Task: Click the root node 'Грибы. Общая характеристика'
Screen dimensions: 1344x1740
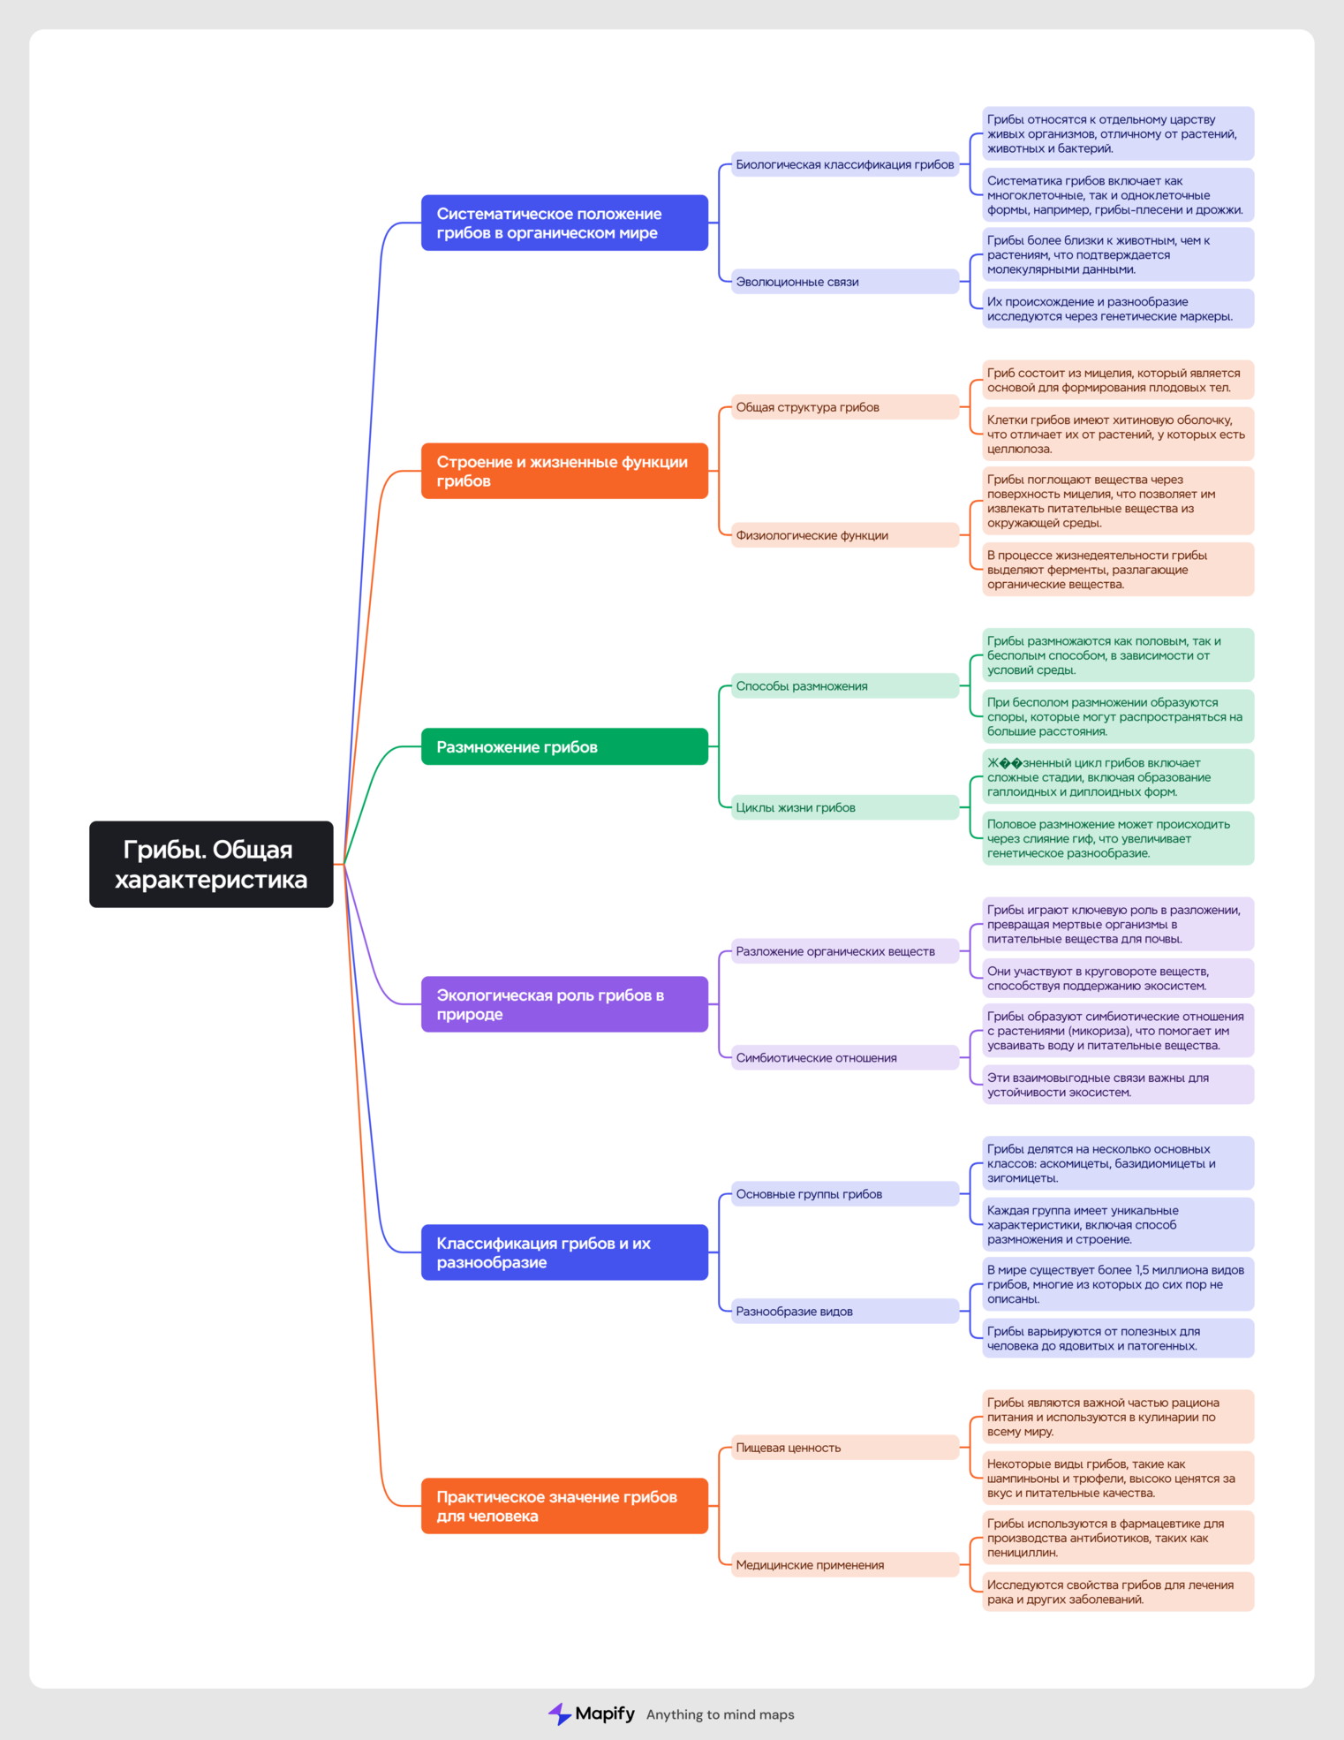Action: coord(211,864)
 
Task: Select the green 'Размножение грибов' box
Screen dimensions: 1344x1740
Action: coord(564,746)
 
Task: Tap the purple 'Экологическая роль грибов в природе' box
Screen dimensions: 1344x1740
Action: coord(564,1004)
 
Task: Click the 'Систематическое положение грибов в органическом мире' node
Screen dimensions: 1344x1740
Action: coord(564,223)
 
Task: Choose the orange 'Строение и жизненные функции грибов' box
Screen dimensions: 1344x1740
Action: coord(564,471)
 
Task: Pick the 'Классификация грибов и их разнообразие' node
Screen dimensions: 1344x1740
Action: coord(564,1252)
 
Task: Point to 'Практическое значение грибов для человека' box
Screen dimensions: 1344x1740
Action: coord(564,1506)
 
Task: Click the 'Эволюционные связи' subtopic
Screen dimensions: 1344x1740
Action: coord(845,282)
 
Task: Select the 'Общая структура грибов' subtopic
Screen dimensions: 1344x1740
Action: coord(845,407)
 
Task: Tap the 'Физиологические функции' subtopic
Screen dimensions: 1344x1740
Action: coord(845,535)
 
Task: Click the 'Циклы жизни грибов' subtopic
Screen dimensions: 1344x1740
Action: coord(845,807)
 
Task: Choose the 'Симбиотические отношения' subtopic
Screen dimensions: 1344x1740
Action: coord(845,1057)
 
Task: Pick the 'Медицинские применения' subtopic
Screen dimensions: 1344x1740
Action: coord(845,1565)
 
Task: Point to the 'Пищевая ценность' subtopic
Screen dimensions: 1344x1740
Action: coord(845,1448)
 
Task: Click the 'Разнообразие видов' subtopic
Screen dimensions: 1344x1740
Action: coord(845,1312)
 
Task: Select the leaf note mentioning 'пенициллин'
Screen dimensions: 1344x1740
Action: coord(1118,1538)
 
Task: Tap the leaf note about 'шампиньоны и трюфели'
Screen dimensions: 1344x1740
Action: coord(1118,1478)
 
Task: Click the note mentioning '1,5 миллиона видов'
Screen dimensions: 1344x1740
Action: coord(1118,1284)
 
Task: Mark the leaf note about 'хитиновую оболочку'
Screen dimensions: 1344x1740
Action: coord(1118,434)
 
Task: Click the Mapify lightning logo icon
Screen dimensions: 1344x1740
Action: coord(559,1714)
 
